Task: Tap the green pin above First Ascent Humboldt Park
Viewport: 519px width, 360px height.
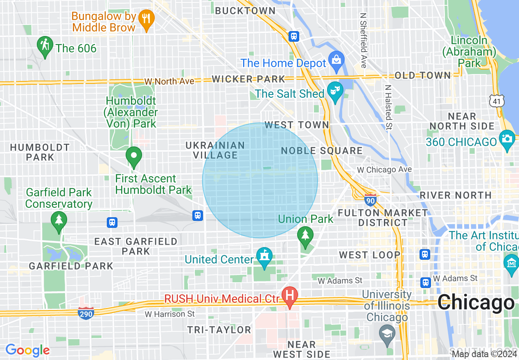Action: tap(133, 156)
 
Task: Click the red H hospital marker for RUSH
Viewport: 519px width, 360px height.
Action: tap(290, 295)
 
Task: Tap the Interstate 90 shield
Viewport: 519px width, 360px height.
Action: tap(370, 199)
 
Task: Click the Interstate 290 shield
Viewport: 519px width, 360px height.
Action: tap(86, 313)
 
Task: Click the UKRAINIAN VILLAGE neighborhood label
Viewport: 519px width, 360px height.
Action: tap(215, 150)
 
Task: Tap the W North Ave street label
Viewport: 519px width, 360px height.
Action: tap(169, 81)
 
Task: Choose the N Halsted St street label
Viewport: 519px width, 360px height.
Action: tap(388, 107)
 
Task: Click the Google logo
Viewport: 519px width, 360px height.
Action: tap(27, 350)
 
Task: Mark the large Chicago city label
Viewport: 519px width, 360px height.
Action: tap(476, 303)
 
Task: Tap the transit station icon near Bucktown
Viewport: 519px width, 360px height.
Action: tap(293, 36)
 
